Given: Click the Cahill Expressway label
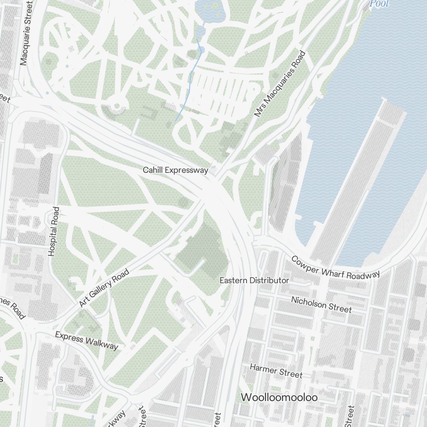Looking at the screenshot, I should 175,170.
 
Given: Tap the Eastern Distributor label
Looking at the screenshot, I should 254,281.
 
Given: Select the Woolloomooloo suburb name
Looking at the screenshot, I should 279,398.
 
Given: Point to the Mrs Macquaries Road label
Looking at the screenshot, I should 280,84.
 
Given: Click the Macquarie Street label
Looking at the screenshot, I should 26,33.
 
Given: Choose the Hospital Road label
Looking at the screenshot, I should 54,231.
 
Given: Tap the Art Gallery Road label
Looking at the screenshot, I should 104,288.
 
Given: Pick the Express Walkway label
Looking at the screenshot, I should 86,340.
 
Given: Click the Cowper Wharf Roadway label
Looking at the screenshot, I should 336,268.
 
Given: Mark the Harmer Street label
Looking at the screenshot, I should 276,371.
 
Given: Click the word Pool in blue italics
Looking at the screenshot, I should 380,4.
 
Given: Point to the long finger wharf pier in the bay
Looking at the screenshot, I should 359,179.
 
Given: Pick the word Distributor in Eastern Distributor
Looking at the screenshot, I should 269,281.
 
